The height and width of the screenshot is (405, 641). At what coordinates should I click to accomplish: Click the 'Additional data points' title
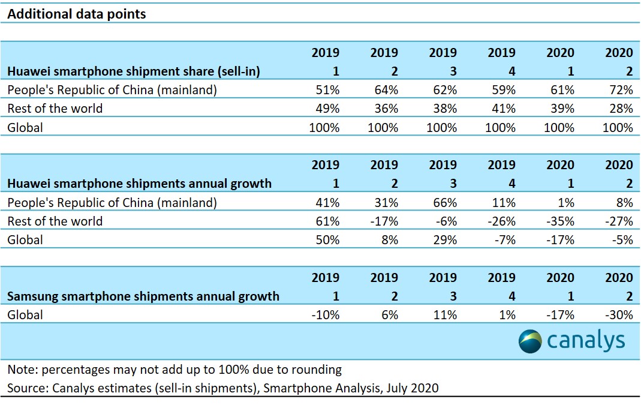coord(76,14)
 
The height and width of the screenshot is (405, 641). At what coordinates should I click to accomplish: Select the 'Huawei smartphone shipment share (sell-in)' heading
coord(133,71)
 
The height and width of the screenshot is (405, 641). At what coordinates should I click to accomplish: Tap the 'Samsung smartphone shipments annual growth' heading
coord(143,296)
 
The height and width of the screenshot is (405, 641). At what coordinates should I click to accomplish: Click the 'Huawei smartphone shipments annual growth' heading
coord(139,184)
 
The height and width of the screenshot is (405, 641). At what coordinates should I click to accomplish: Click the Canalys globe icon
coord(531,341)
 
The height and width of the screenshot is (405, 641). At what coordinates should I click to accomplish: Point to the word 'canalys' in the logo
coord(586,341)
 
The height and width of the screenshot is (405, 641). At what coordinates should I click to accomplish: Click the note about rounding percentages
coord(174,370)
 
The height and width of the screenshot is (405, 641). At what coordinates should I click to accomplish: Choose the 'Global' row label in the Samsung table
coord(25,314)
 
